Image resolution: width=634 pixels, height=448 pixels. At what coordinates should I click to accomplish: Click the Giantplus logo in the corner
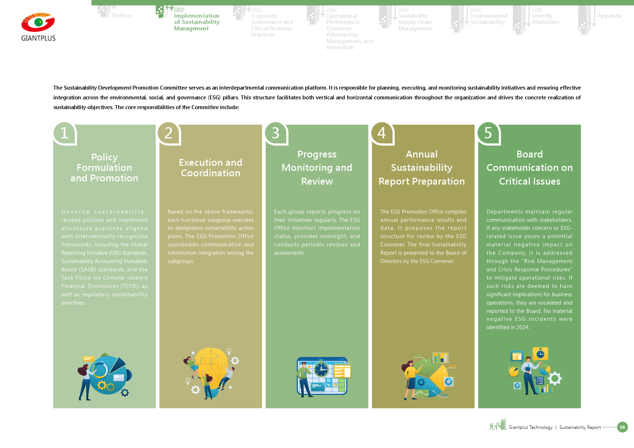[38, 27]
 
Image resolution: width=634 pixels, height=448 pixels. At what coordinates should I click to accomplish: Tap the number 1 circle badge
[64, 133]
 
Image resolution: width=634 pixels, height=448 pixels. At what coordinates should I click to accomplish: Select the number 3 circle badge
[275, 133]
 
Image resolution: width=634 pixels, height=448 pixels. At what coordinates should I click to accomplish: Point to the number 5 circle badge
[488, 133]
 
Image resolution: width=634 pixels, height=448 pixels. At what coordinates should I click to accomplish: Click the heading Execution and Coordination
[211, 168]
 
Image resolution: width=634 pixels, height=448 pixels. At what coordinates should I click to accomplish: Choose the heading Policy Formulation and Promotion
[104, 168]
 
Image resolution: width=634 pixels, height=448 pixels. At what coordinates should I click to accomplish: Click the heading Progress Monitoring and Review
[317, 168]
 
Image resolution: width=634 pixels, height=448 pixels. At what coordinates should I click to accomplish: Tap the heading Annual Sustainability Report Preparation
[421, 168]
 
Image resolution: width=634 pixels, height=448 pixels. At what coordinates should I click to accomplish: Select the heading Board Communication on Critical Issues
[530, 168]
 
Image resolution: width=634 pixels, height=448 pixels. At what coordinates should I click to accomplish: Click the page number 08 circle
[622, 427]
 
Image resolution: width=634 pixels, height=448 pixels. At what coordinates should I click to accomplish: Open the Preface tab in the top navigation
[121, 16]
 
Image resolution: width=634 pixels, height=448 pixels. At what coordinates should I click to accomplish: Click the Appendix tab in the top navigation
[610, 16]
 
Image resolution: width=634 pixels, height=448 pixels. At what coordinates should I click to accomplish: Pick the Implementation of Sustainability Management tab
[197, 22]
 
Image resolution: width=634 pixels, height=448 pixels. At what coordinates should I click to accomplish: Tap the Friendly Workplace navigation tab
[545, 19]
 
